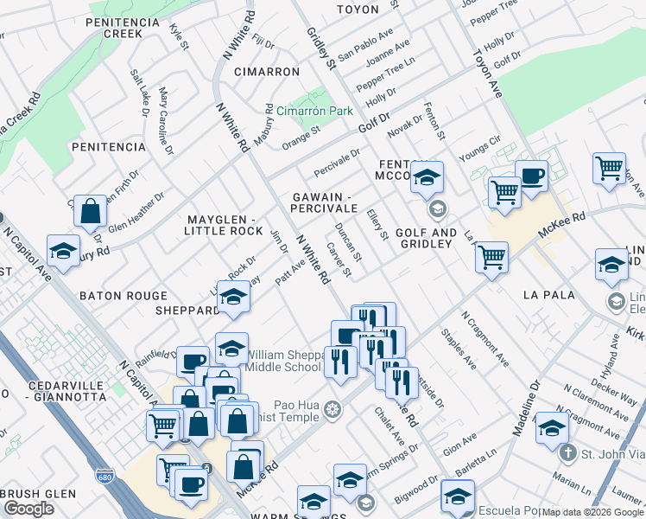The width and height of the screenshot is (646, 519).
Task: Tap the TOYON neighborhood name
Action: [358, 10]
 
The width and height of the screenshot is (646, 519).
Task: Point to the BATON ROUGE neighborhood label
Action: [123, 296]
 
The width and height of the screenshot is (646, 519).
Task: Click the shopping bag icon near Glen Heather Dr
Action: [90, 211]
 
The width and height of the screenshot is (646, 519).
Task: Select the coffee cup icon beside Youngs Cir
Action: [531, 176]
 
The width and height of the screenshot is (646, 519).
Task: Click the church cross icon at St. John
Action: [567, 452]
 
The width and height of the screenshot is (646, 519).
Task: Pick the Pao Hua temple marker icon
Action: [333, 408]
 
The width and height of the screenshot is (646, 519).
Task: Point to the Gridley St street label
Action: [320, 48]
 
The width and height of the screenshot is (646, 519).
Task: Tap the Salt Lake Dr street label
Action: [138, 93]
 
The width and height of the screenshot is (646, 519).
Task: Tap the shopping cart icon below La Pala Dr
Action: [491, 256]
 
